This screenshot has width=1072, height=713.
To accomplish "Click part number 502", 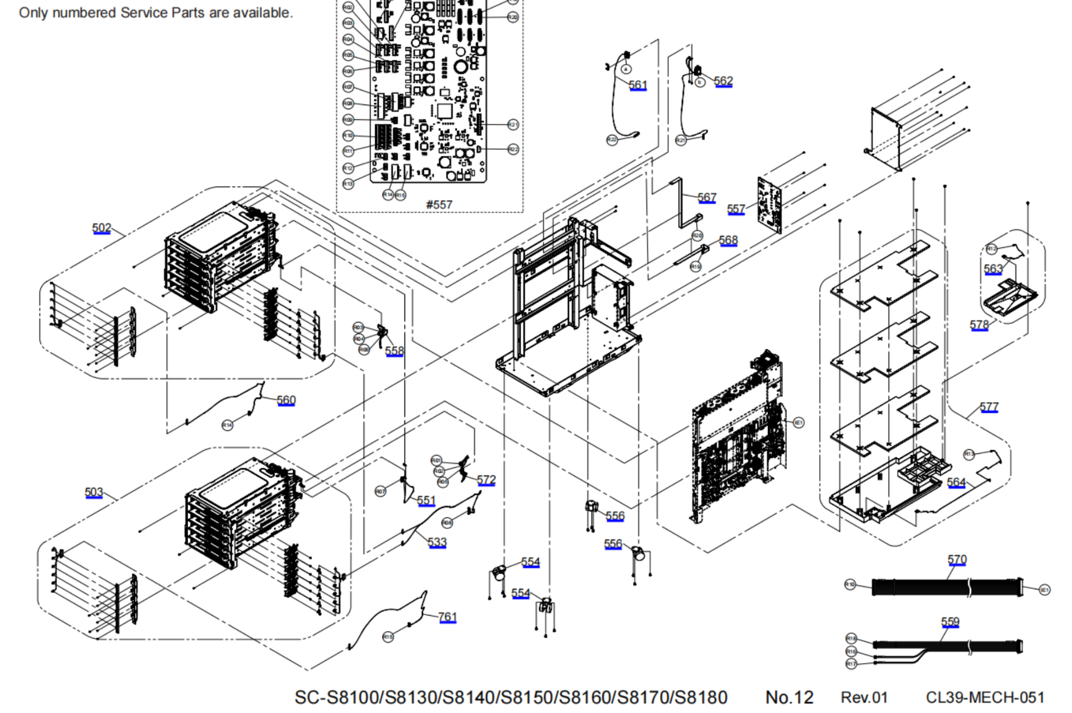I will click(102, 228).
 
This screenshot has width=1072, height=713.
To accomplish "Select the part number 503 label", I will click(94, 493).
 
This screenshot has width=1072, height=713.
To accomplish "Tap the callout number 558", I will click(394, 351).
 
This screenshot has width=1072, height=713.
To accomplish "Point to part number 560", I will click(286, 400).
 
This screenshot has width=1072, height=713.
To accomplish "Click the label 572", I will click(486, 479).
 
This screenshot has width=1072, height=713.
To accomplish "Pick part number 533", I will click(437, 542).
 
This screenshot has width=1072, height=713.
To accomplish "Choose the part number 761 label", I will click(447, 617).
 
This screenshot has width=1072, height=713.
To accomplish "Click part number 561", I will click(638, 85).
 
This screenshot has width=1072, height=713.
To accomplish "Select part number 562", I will click(723, 81).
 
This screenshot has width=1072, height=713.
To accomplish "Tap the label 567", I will click(707, 197).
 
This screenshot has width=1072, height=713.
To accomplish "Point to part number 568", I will click(728, 240).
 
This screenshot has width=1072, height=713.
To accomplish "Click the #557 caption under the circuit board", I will click(439, 204).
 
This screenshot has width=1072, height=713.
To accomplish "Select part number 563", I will click(993, 269).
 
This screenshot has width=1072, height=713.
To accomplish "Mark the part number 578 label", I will click(979, 325).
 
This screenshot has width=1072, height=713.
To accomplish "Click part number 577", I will click(989, 407).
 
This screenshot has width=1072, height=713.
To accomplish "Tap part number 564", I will click(956, 482).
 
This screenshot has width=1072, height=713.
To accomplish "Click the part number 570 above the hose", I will click(957, 560).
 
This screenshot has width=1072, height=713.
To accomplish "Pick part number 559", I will click(950, 621).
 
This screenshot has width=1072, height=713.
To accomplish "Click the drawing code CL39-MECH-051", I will click(985, 698).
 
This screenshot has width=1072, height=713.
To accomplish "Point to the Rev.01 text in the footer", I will click(864, 698).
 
